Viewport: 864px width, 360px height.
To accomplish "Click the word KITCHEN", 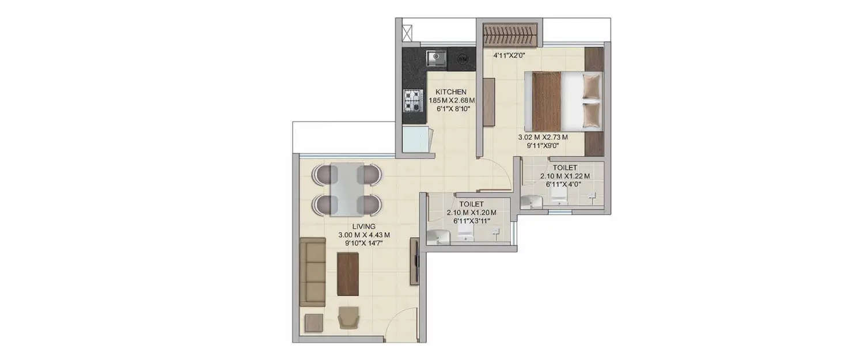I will [451, 92].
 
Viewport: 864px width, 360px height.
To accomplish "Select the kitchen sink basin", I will [436, 58].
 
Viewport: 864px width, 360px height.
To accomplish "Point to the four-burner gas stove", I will [412, 100].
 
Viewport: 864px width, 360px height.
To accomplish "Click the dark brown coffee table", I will [348, 274].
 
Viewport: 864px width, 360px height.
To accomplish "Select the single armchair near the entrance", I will [348, 317].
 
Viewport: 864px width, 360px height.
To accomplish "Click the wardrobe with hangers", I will [510, 35].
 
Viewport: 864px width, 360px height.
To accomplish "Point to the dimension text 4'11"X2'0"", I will [509, 56].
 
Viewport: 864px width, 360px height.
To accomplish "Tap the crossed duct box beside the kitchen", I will [407, 32].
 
